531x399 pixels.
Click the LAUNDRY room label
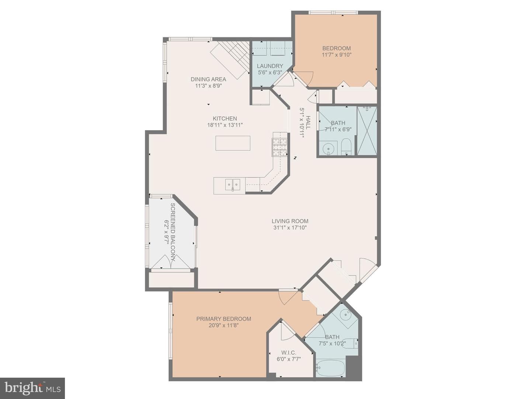270,66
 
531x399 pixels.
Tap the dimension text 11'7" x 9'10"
336,55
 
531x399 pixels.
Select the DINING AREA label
208,79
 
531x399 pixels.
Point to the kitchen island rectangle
233,143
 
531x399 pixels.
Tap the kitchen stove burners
280,147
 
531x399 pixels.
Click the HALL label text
308,122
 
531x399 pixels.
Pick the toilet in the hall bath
346,147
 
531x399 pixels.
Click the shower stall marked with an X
367,131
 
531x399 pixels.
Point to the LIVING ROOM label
290,221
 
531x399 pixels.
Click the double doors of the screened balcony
171,262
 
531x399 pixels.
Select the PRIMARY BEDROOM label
223,319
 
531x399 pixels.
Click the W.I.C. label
289,353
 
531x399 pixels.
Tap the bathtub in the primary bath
330,368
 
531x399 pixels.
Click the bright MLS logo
32,388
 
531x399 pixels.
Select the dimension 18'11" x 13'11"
225,125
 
